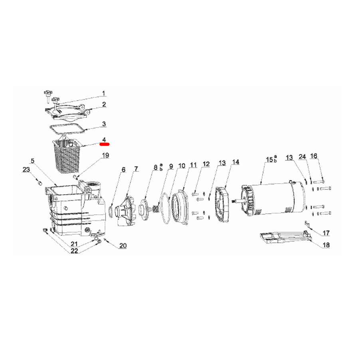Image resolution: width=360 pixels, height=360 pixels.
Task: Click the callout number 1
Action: [103, 94]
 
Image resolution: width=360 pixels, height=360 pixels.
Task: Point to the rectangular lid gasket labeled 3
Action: [67, 129]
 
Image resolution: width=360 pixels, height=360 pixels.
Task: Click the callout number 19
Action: [105, 155]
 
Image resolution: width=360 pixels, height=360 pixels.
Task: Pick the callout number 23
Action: [26, 170]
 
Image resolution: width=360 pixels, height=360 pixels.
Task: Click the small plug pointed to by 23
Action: [40, 182]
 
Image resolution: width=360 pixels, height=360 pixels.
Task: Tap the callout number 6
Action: [123, 170]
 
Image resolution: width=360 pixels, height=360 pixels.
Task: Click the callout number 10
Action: [182, 165]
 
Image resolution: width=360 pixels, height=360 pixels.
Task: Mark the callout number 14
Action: [235, 162]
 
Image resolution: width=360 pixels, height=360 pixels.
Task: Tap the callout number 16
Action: [314, 156]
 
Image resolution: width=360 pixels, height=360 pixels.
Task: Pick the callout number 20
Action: [122, 245]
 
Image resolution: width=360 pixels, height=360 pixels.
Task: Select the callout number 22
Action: [74, 251]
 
